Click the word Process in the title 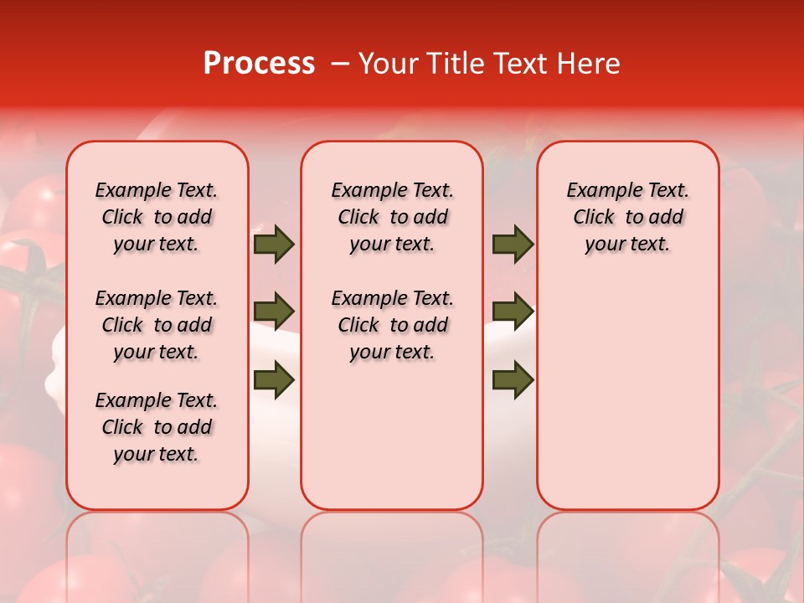(x=259, y=64)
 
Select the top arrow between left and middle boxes (x=274, y=245)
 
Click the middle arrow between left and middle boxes (x=274, y=312)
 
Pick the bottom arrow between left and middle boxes (x=274, y=379)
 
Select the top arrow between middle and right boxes (x=513, y=245)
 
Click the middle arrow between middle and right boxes (x=513, y=312)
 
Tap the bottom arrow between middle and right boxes (x=513, y=379)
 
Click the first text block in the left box (x=157, y=217)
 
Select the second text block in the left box (x=157, y=325)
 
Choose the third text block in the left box (x=157, y=427)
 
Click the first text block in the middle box (x=392, y=217)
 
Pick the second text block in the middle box (x=392, y=325)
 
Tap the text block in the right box (x=628, y=217)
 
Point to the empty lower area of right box (x=628, y=394)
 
